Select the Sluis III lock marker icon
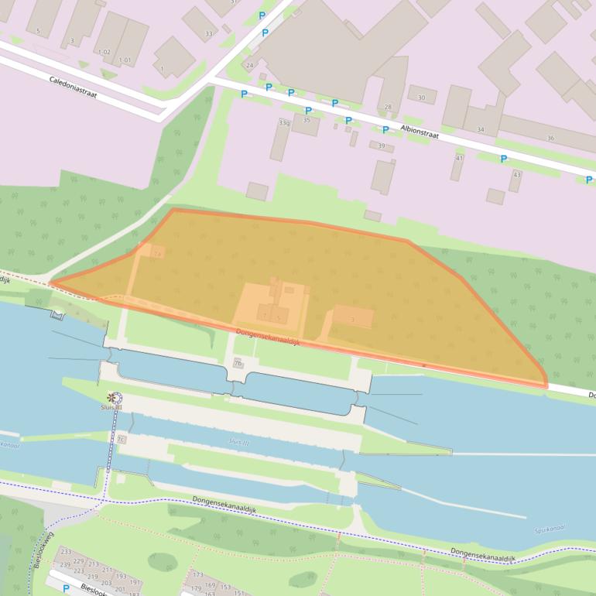(115, 398)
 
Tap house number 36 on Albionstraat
(550, 138)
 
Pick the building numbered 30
(421, 98)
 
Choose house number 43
(516, 174)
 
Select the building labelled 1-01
(125, 60)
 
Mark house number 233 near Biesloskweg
(67, 552)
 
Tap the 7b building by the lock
(238, 362)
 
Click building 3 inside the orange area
(352, 319)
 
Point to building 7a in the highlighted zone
(158, 253)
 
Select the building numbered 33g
(284, 123)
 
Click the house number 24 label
(249, 66)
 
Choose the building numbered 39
(380, 146)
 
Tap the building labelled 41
(459, 158)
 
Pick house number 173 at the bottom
(197, 575)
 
